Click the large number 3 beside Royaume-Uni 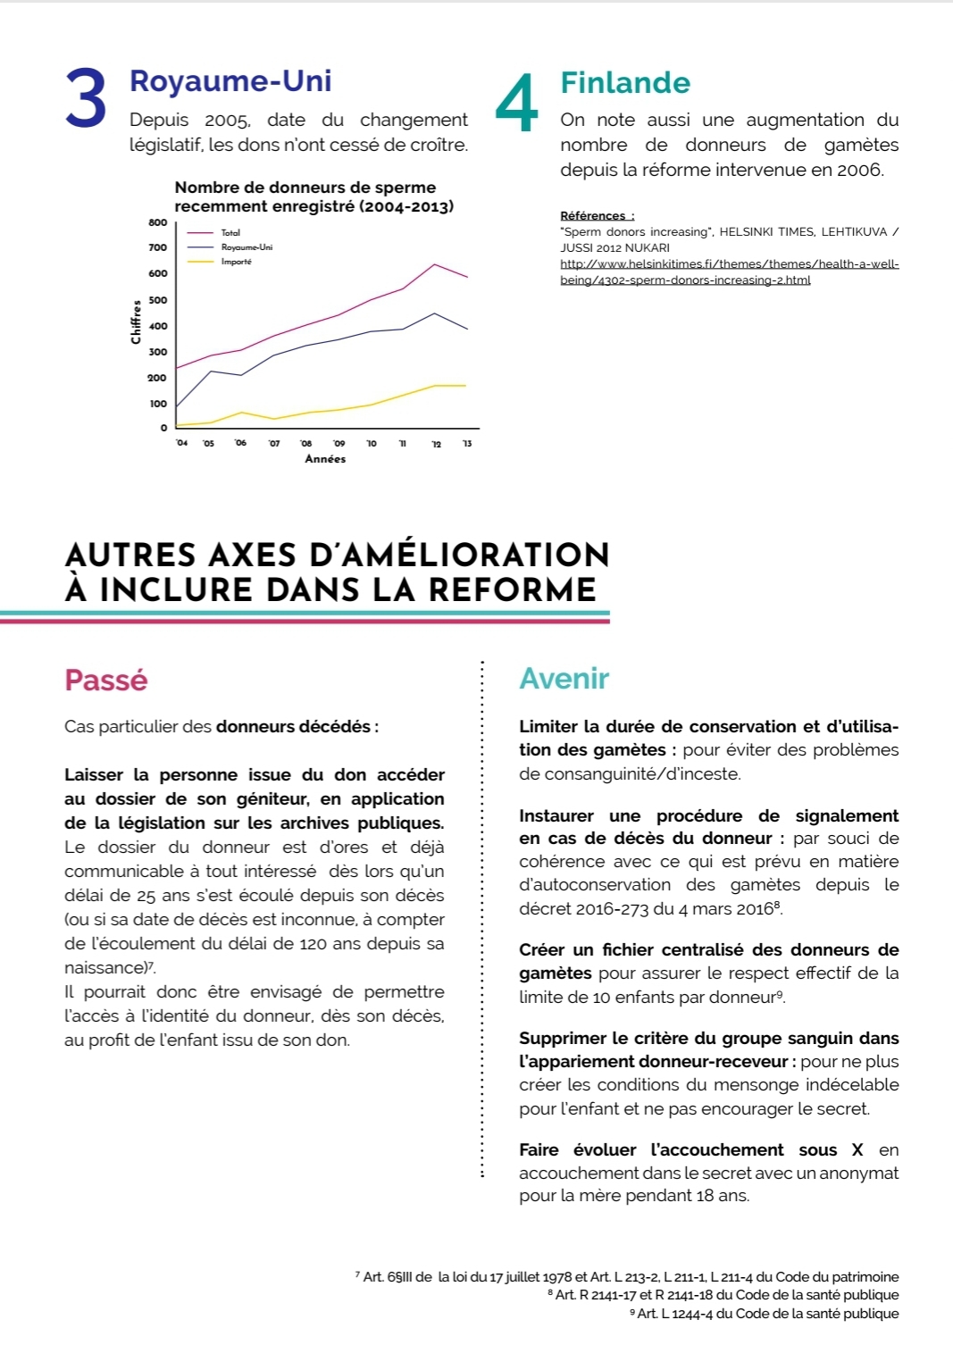click(x=86, y=99)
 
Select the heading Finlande click(x=625, y=83)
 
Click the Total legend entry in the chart click(x=230, y=232)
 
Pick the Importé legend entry click(x=237, y=262)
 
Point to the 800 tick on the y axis click(x=157, y=222)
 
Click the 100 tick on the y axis click(x=158, y=404)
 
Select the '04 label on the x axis click(x=181, y=443)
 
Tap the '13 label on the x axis click(x=466, y=444)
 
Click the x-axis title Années click(x=325, y=459)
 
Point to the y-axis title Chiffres click(x=136, y=322)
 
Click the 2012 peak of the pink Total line click(x=434, y=264)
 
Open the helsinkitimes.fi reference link click(x=729, y=271)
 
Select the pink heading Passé click(x=106, y=680)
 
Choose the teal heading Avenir click(x=564, y=679)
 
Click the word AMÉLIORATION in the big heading click(x=459, y=555)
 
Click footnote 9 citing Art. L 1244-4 click(x=766, y=1314)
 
